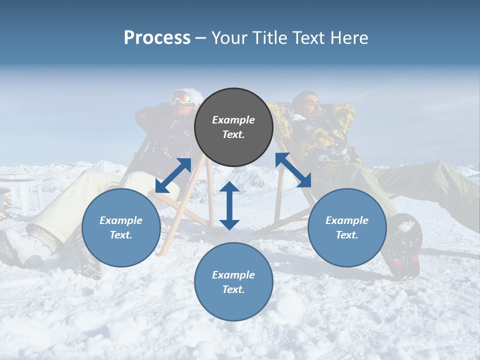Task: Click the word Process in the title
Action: pyautogui.click(x=157, y=38)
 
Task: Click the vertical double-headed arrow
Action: pyautogui.click(x=229, y=205)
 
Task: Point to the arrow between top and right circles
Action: pyautogui.click(x=293, y=170)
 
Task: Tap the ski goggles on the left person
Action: pyautogui.click(x=183, y=97)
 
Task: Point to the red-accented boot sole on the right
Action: pyautogui.click(x=405, y=247)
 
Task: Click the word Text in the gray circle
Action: pyautogui.click(x=233, y=134)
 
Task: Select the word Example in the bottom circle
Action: pyautogui.click(x=233, y=274)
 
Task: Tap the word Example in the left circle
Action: pyautogui.click(x=121, y=220)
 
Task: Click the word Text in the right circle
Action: pyautogui.click(x=347, y=234)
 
